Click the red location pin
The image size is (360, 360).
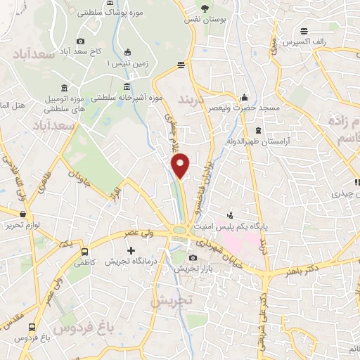181,165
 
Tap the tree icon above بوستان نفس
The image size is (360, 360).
205,9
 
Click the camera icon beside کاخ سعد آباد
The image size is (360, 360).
81,41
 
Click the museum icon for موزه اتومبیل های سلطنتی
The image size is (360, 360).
65,88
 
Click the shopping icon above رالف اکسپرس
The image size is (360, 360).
304,31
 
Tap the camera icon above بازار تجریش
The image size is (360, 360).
193,258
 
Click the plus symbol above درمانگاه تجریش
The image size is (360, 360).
130,250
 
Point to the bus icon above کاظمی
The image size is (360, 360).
85,251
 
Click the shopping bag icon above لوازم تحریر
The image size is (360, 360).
23,214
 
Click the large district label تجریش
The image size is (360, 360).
170,300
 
